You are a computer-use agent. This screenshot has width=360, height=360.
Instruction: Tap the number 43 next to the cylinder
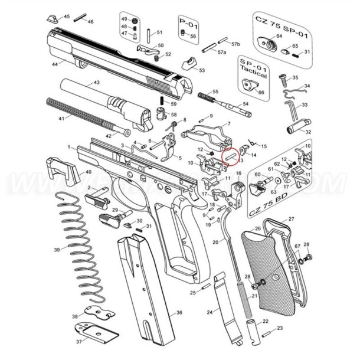(96, 83)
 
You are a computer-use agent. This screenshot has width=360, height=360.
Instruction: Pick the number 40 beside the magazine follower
(89, 172)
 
